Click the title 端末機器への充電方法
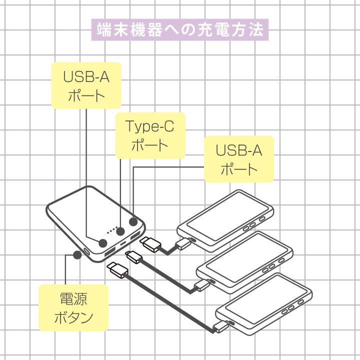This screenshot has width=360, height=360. [x=180, y=30]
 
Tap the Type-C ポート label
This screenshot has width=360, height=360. [x=150, y=135]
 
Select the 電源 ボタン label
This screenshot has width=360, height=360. [x=73, y=307]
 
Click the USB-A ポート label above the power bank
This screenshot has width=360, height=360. [x=86, y=85]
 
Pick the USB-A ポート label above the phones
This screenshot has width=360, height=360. [x=239, y=159]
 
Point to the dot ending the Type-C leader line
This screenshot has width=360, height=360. [x=120, y=231]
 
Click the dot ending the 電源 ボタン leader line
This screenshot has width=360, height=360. [x=77, y=254]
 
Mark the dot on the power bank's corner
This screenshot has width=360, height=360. [x=133, y=222]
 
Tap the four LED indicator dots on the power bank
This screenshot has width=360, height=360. [x=111, y=231]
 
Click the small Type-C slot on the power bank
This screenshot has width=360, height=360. [x=123, y=243]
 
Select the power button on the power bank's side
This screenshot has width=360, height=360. [x=87, y=251]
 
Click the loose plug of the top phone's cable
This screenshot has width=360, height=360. [x=150, y=244]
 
